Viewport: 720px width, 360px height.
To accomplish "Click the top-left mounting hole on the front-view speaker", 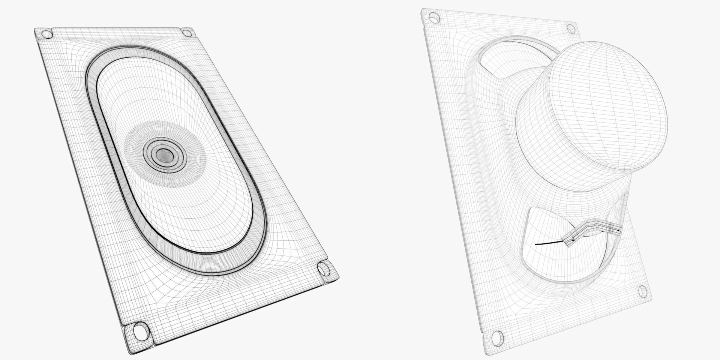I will [x=47, y=34].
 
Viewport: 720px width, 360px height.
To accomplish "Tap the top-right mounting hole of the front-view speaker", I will [x=186, y=33].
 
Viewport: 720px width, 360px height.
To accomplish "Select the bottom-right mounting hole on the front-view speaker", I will [x=323, y=268].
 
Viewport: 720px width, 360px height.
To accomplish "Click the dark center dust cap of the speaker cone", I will [x=163, y=154].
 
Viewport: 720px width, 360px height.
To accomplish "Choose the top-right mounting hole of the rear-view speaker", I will [x=571, y=28].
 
